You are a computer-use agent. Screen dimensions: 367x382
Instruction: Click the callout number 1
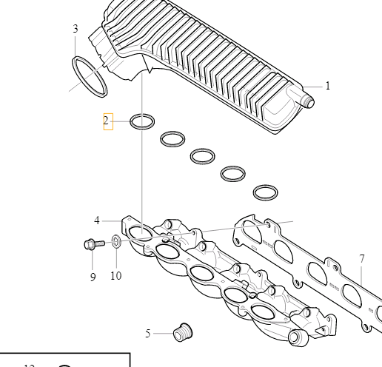pos(327,86)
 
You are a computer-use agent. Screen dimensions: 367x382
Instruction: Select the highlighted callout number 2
pos(107,120)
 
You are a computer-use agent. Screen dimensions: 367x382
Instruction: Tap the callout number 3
pos(76,29)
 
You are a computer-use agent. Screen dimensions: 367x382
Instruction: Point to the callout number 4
pos(97,220)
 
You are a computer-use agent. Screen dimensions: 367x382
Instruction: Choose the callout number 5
pos(148,334)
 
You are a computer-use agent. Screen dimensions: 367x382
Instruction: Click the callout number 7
pos(361,259)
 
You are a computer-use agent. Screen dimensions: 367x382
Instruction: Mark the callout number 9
pos(93,277)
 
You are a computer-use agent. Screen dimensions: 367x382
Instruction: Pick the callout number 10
pos(115,276)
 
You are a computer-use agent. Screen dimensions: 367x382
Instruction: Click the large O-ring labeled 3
pos(90,75)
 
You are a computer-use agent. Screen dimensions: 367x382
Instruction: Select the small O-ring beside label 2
pos(142,120)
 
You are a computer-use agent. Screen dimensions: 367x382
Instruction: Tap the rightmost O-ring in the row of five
pos(265,192)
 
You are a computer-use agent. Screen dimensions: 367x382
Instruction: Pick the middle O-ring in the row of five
pos(202,156)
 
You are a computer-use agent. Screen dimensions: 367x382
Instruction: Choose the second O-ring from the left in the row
pos(172,138)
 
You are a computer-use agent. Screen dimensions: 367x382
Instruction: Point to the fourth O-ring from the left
pos(234,174)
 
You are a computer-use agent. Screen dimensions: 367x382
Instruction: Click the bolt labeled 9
pos(90,243)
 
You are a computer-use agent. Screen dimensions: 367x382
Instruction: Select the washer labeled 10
pos(116,241)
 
